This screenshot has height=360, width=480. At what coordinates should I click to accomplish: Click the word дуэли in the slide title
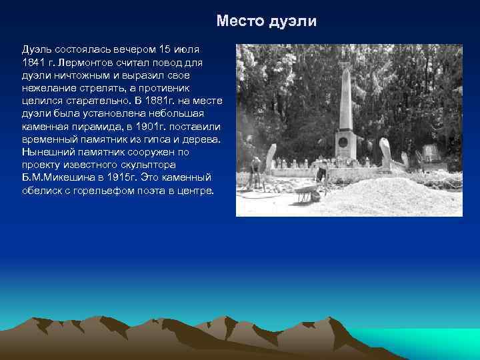[293, 21]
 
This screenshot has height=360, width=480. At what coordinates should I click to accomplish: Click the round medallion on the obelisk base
[343, 141]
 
